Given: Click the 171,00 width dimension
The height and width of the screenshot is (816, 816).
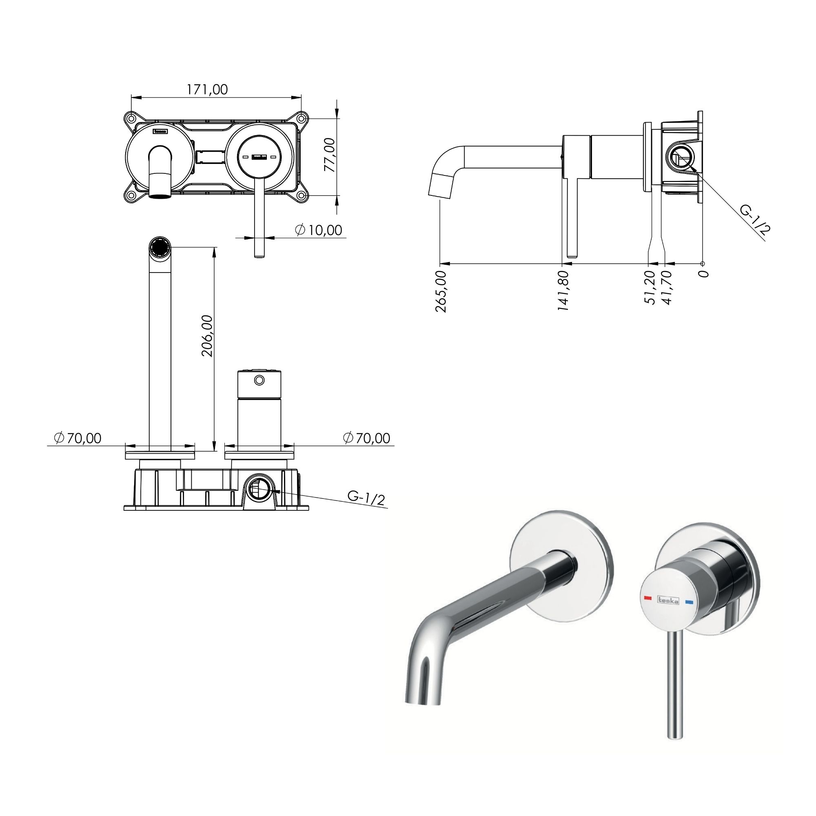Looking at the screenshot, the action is (207, 89).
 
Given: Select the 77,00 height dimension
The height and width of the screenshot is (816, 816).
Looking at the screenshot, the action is (330, 155).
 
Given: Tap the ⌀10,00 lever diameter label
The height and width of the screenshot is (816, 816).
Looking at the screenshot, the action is (319, 230).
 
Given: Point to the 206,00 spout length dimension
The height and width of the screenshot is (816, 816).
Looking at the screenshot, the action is (207, 336).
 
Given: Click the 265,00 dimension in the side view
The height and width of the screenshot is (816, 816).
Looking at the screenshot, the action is (441, 291).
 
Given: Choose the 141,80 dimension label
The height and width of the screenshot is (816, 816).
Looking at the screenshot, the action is (563, 290).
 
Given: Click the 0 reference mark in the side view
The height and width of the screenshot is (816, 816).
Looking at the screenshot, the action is (703, 274).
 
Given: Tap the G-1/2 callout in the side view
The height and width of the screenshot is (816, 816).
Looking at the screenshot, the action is (756, 218).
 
